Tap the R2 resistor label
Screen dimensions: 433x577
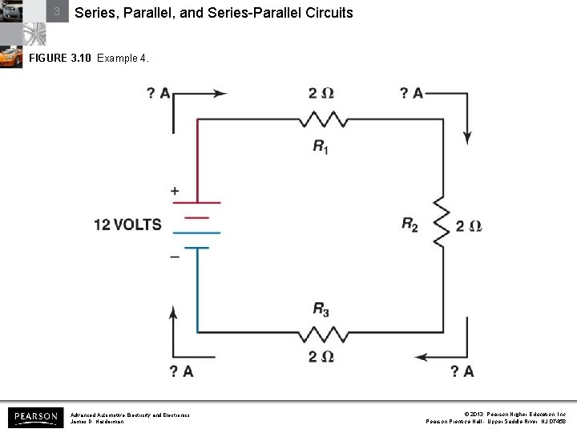tap(410, 226)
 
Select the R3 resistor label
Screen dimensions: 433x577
tap(321, 309)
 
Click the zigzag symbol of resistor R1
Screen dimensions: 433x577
tap(324, 119)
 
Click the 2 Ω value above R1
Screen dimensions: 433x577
tap(321, 94)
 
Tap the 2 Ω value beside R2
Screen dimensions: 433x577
tap(469, 226)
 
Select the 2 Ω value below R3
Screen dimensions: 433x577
tap(321, 356)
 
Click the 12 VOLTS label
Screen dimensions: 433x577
tap(127, 225)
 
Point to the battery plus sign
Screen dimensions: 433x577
tap(174, 192)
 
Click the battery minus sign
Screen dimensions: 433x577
tap(174, 257)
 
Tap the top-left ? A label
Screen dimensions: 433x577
tap(158, 94)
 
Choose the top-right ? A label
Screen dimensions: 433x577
tap(411, 94)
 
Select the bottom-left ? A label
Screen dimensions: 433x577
tap(181, 370)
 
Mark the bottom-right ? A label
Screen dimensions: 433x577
tap(462, 370)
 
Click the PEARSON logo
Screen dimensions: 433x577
tap(34, 417)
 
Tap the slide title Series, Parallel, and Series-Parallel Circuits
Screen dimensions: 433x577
tap(213, 14)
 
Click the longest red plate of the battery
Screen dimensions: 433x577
tap(196, 202)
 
